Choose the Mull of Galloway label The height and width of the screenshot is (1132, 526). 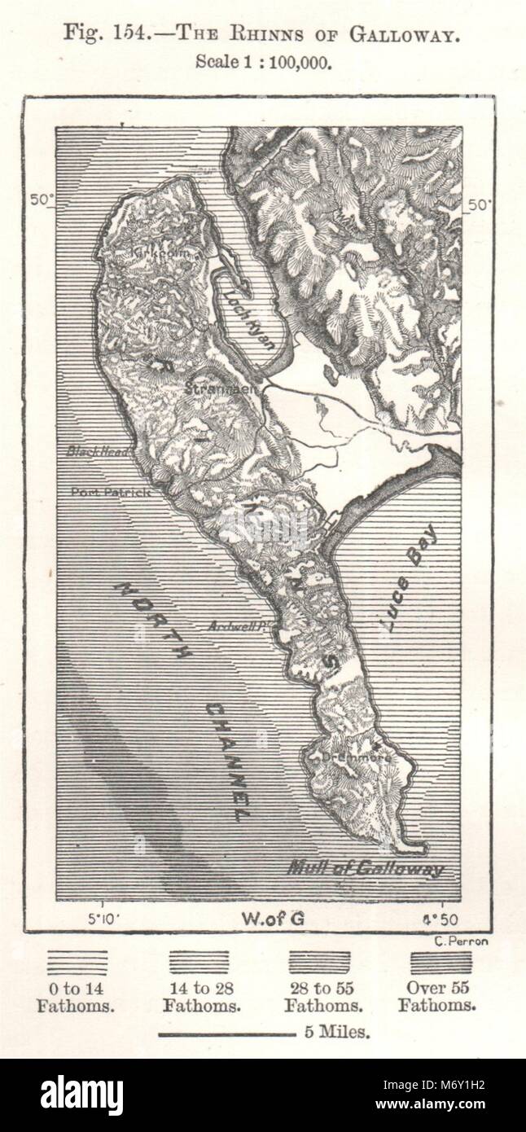(365, 868)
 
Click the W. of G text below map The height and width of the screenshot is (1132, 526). (273, 919)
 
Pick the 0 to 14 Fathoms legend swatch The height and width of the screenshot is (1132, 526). (77, 963)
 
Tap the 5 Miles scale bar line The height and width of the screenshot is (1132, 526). (226, 1035)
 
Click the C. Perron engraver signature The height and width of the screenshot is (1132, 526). (444, 943)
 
